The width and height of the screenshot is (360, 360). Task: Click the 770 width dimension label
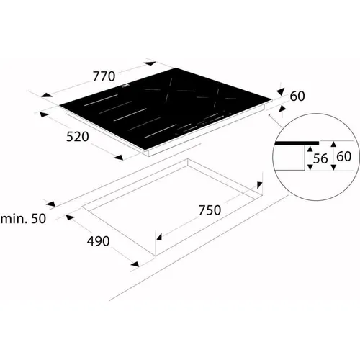104,76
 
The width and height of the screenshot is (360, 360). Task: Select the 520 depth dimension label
78,137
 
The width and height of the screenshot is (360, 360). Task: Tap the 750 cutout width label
210,210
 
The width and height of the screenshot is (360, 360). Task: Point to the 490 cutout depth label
98,241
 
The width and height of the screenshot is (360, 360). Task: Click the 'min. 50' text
23,219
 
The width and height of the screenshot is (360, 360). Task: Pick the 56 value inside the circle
320,158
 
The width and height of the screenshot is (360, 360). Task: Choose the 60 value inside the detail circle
344,156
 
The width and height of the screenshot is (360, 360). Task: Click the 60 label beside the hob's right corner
297,96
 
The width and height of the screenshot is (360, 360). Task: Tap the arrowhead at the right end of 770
150,63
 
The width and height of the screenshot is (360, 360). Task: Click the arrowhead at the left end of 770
47,95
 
